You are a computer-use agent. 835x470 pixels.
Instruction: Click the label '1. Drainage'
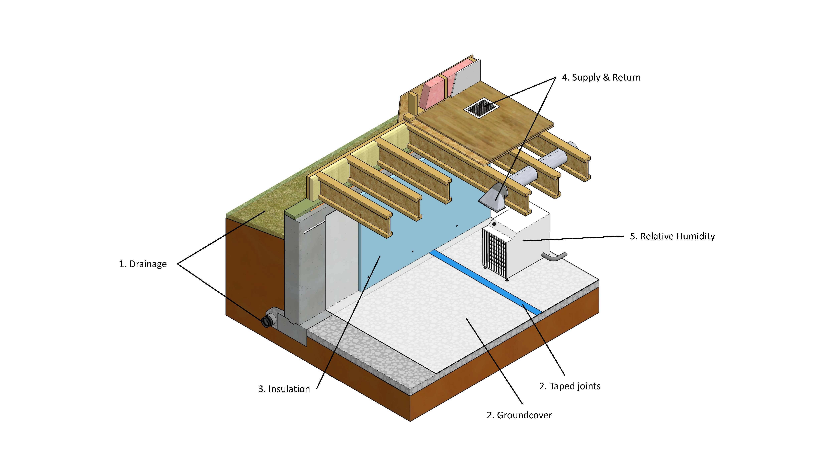pyautogui.click(x=143, y=264)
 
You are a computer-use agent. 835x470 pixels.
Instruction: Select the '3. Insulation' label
pyautogui.click(x=284, y=389)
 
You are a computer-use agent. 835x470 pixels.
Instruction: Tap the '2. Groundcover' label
pyautogui.click(x=519, y=415)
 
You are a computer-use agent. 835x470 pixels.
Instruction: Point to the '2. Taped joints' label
pyautogui.click(x=569, y=386)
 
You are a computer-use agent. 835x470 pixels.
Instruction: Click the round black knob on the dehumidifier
pyautogui.click(x=494, y=224)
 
